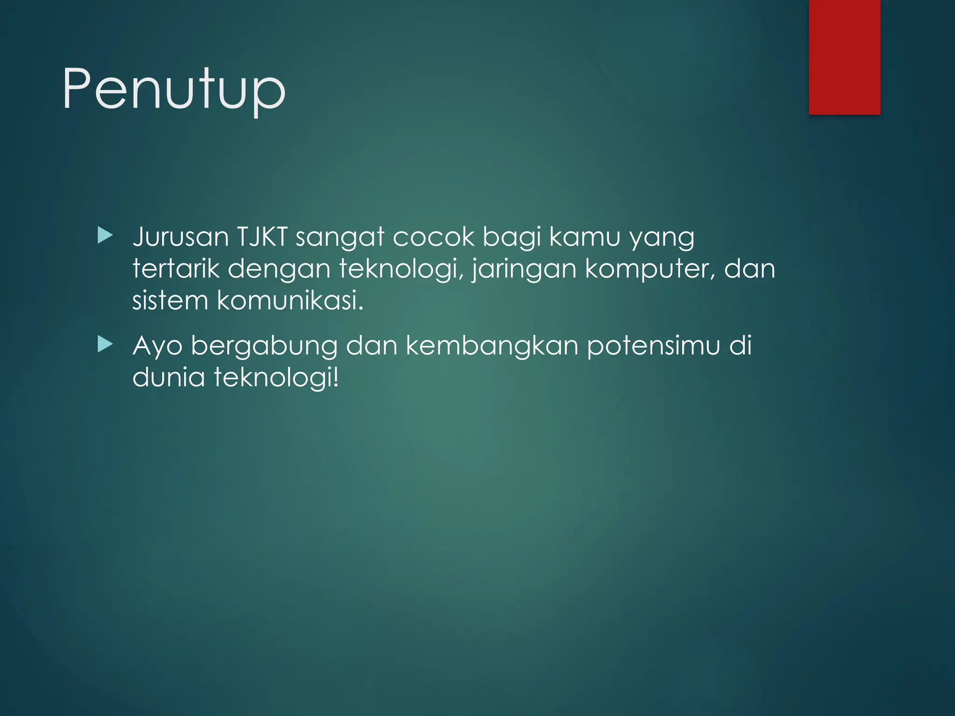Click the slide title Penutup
click(x=173, y=89)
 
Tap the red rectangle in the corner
click(x=844, y=57)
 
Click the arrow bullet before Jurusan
click(x=105, y=236)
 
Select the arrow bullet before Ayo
click(x=105, y=345)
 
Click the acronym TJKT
click(x=262, y=237)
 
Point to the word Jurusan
click(x=180, y=237)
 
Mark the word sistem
click(x=170, y=300)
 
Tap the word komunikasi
click(x=290, y=300)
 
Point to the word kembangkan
click(x=492, y=346)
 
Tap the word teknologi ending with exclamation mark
click(x=276, y=378)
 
